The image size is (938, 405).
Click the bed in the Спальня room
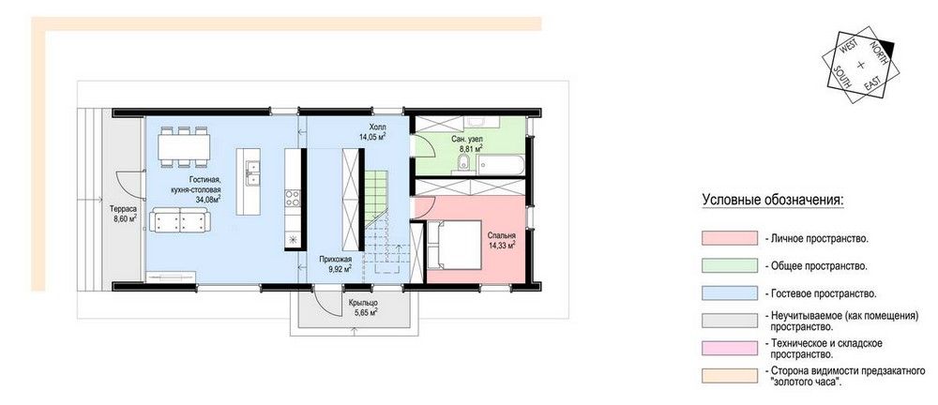tap(454, 244)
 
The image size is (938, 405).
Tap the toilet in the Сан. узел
tap(461, 162)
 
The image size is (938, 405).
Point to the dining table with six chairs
tap(184, 146)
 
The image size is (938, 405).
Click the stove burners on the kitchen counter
tap(293, 198)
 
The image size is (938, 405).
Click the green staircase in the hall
tap(376, 194)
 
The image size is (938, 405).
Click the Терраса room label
tap(123, 209)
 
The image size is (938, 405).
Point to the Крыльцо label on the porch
tap(363, 303)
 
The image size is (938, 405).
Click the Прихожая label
tap(335, 259)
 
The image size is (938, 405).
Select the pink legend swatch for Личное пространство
tap(729, 237)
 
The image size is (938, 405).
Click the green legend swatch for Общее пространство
tap(729, 265)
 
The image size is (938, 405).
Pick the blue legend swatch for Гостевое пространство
tap(729, 293)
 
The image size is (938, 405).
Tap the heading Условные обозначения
tap(773, 199)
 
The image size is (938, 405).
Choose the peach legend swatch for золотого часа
tap(729, 376)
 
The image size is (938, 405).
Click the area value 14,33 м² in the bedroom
tap(503, 244)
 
